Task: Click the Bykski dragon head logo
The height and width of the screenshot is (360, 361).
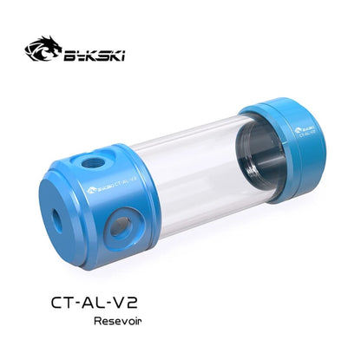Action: click(43, 49)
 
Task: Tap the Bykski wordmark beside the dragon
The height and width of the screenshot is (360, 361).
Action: click(94, 55)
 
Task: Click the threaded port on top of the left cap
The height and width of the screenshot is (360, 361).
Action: click(92, 163)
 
